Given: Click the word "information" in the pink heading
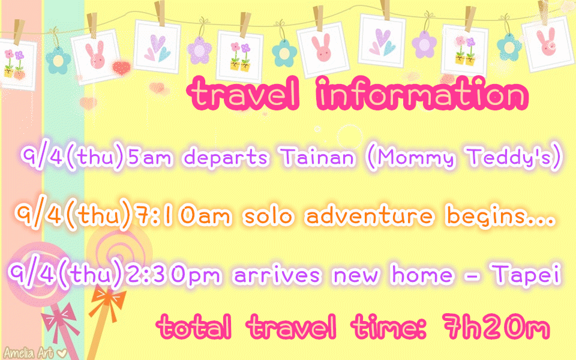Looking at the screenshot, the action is pyautogui.click(x=422, y=94).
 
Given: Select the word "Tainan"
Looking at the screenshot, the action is pyautogui.click(x=319, y=157).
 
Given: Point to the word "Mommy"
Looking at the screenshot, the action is pyautogui.click(x=415, y=158).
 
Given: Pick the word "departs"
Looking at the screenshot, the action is pyautogui.click(x=226, y=158).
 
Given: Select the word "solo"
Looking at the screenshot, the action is pyautogui.click(x=268, y=215).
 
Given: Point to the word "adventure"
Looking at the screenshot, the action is pyautogui.click(x=370, y=215).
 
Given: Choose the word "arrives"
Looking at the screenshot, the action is pyautogui.click(x=277, y=275).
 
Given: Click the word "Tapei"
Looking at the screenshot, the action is pyautogui.click(x=527, y=275).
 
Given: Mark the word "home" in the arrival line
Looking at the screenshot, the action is pyautogui.click(x=422, y=274).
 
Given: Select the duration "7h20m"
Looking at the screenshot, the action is pyautogui.click(x=496, y=326).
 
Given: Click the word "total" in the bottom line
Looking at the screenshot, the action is pyautogui.click(x=194, y=326).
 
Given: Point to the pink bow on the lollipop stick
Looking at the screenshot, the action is pyautogui.click(x=60, y=320).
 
